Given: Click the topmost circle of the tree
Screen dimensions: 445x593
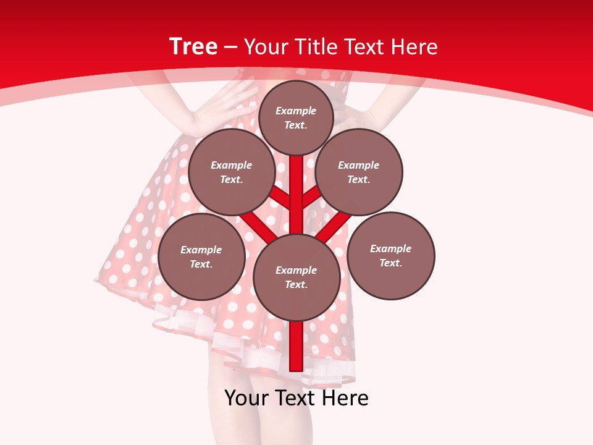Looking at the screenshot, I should pyautogui.click(x=296, y=117).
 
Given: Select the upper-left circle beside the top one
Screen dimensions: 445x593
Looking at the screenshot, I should pyautogui.click(x=232, y=172).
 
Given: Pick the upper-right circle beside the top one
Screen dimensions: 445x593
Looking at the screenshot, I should pyautogui.click(x=359, y=172).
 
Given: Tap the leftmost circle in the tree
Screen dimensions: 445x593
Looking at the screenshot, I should pyautogui.click(x=201, y=256).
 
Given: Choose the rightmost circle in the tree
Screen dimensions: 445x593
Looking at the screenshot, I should pyautogui.click(x=390, y=255).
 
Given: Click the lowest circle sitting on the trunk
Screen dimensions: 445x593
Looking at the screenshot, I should pyautogui.click(x=296, y=277).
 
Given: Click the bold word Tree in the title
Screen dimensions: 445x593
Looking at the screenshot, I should pyautogui.click(x=193, y=46).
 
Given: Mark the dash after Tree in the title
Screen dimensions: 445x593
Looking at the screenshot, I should pyautogui.click(x=230, y=47).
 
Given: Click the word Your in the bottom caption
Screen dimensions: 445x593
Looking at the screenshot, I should pyautogui.click(x=247, y=398).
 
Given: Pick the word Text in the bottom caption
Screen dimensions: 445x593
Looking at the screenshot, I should pyautogui.click(x=295, y=398).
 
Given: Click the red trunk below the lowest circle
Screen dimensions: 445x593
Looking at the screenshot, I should pyautogui.click(x=296, y=346).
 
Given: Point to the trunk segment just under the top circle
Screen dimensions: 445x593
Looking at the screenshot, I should pyautogui.click(x=296, y=179).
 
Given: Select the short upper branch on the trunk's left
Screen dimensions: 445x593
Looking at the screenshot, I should pyautogui.click(x=281, y=198).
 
